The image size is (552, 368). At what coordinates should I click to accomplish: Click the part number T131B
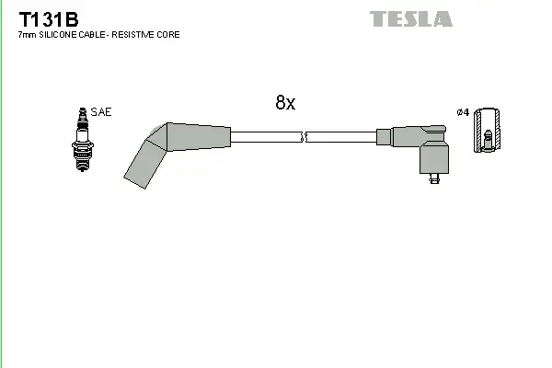coord(42,17)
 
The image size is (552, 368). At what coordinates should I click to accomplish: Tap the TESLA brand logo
coord(410,18)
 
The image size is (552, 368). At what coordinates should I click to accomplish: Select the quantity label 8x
coord(285,103)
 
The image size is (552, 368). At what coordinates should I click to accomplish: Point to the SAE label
coord(101,112)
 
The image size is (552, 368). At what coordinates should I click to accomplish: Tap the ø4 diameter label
coord(462,112)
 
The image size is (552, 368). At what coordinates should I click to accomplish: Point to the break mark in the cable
coord(304,138)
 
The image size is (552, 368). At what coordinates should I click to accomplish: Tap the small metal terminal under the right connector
coord(432,181)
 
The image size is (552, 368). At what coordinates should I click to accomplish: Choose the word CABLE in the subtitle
coord(94,35)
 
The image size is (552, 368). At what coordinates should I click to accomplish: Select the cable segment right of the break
coord(340,138)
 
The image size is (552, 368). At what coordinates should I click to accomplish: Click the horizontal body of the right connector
coord(405,138)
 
